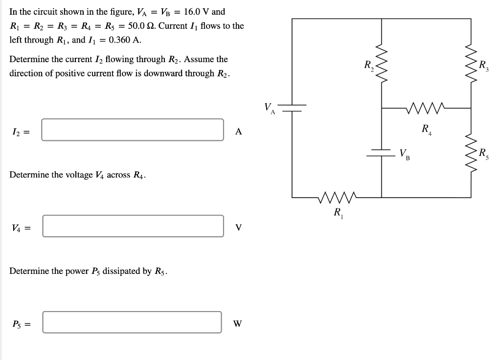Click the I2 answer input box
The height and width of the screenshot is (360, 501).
pyautogui.click(x=132, y=130)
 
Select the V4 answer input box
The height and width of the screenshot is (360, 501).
pyautogui.click(x=133, y=226)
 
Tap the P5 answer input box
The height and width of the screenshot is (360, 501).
pyautogui.click(x=132, y=322)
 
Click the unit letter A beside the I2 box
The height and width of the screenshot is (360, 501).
pyautogui.click(x=238, y=131)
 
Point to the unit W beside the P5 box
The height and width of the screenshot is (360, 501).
pyautogui.click(x=237, y=324)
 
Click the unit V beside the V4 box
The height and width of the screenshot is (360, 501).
pyautogui.click(x=238, y=227)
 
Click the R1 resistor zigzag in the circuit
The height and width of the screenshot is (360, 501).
pyautogui.click(x=338, y=198)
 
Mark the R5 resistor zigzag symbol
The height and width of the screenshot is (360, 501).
pyautogui.click(x=471, y=153)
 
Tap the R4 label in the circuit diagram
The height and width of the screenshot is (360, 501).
pyautogui.click(x=427, y=130)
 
